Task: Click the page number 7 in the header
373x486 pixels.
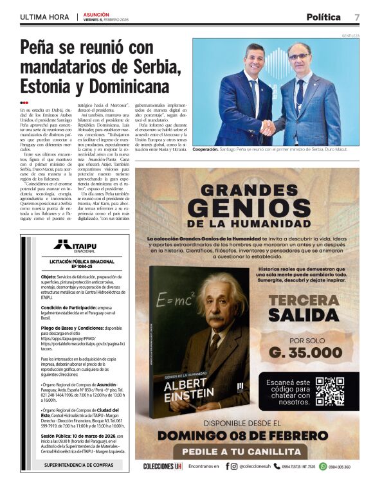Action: point(356,17)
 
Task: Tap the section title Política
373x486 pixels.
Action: point(323,17)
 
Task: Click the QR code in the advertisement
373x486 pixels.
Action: point(330,391)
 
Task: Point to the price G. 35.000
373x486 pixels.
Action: point(305,352)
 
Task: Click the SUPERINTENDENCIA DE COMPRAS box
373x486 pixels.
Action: point(78,464)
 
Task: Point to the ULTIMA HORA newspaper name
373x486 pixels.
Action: point(43,17)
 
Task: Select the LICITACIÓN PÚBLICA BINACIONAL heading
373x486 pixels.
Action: point(78,264)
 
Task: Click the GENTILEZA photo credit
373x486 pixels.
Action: point(350,35)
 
